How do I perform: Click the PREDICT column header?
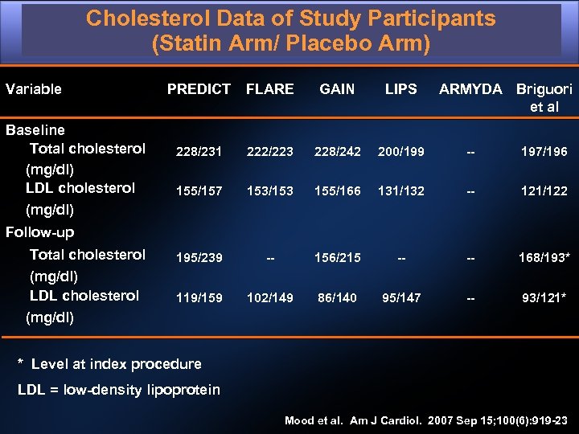point(199,89)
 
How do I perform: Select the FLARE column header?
point(269,89)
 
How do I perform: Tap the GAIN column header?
point(337,89)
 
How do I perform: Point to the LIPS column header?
point(400,89)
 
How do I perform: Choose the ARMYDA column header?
point(470,89)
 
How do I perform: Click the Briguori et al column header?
point(544,97)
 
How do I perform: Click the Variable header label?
point(34,89)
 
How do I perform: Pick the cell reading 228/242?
point(337,151)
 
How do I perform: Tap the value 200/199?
point(400,151)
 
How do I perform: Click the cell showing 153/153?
point(269,191)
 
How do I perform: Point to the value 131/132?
point(400,191)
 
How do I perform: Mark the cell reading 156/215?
point(337,258)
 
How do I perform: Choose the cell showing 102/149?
point(269,298)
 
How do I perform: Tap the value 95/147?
point(400,298)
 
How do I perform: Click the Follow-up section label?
point(40,232)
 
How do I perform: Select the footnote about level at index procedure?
point(109,364)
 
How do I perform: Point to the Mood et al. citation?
point(425,420)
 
